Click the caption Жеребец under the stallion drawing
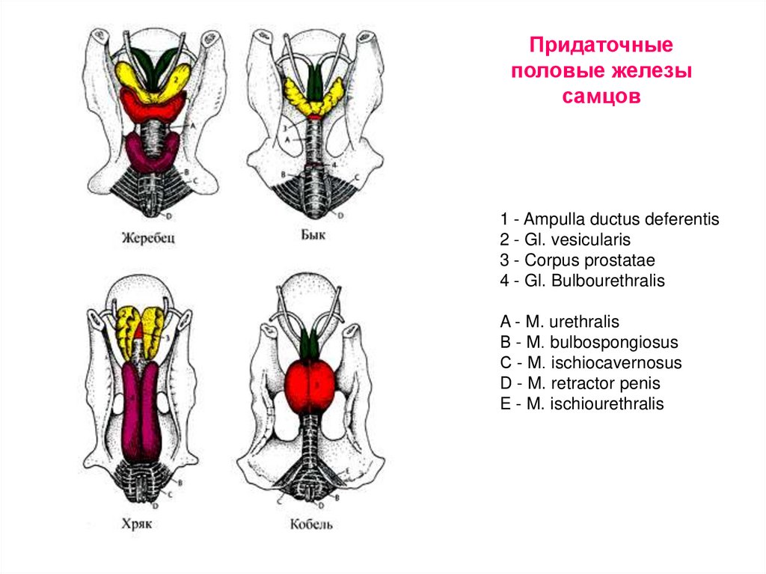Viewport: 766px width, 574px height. coord(148,239)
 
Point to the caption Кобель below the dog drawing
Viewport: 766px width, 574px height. coord(312,523)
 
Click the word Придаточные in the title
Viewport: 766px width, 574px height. coord(602,46)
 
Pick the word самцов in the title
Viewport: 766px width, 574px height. coord(602,97)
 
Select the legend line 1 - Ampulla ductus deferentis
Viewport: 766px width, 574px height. coord(610,220)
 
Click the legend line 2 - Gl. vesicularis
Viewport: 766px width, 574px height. coord(566,240)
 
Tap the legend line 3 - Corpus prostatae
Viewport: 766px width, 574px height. coord(577,260)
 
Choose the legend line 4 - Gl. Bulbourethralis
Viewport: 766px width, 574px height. coord(583,281)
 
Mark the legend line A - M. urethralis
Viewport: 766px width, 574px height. coord(560,323)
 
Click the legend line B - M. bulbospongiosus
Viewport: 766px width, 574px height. coord(589,343)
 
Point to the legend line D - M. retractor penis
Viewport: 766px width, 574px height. coord(580,384)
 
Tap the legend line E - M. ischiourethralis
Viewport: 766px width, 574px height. coord(582,404)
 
